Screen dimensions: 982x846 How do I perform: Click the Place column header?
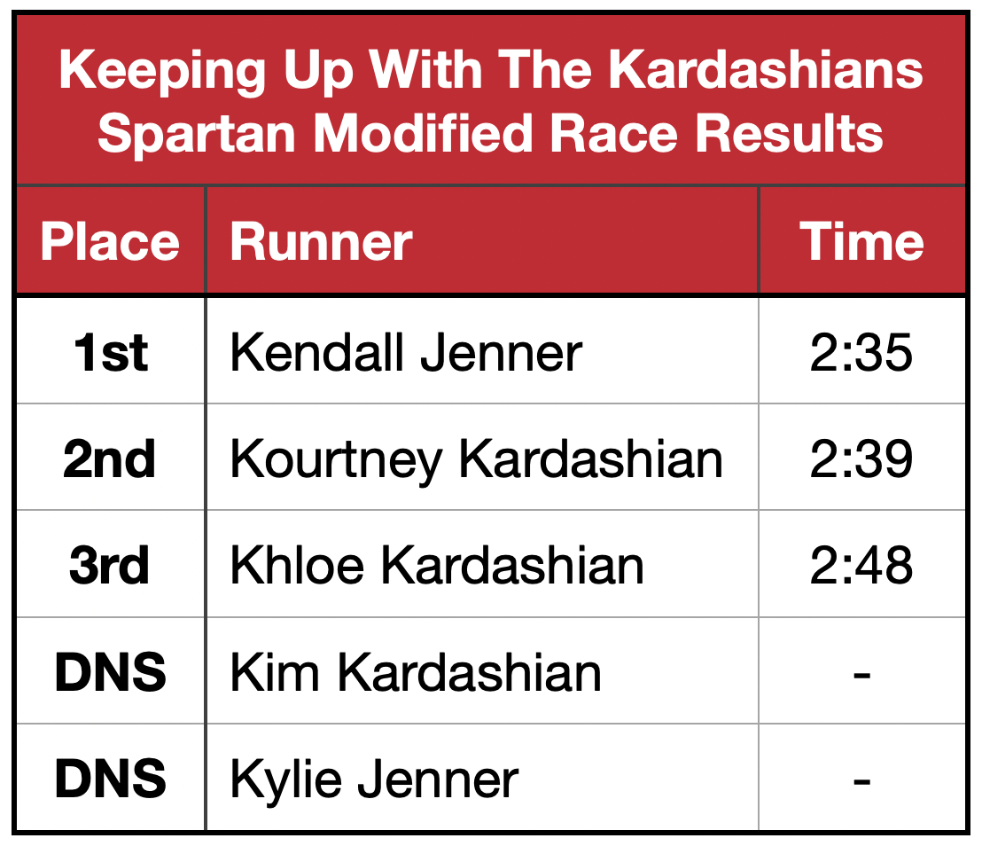[x=110, y=242]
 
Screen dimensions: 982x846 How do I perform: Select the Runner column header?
[x=322, y=242]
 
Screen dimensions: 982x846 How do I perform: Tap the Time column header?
[x=861, y=242]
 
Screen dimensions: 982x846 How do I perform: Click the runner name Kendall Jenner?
[x=407, y=353]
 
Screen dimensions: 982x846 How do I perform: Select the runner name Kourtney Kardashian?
[x=477, y=460]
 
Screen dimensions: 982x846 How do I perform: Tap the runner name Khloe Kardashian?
[x=437, y=566]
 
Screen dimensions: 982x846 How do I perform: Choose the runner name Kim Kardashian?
[x=416, y=672]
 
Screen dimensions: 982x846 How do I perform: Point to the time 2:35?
[x=861, y=353]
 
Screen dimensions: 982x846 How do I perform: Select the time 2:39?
[x=861, y=459]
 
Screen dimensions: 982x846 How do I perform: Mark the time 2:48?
[x=861, y=566]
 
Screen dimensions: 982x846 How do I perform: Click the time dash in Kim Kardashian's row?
[x=861, y=676]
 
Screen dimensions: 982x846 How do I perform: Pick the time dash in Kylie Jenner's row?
[x=861, y=782]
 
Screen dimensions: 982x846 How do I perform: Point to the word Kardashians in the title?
[x=766, y=69]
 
